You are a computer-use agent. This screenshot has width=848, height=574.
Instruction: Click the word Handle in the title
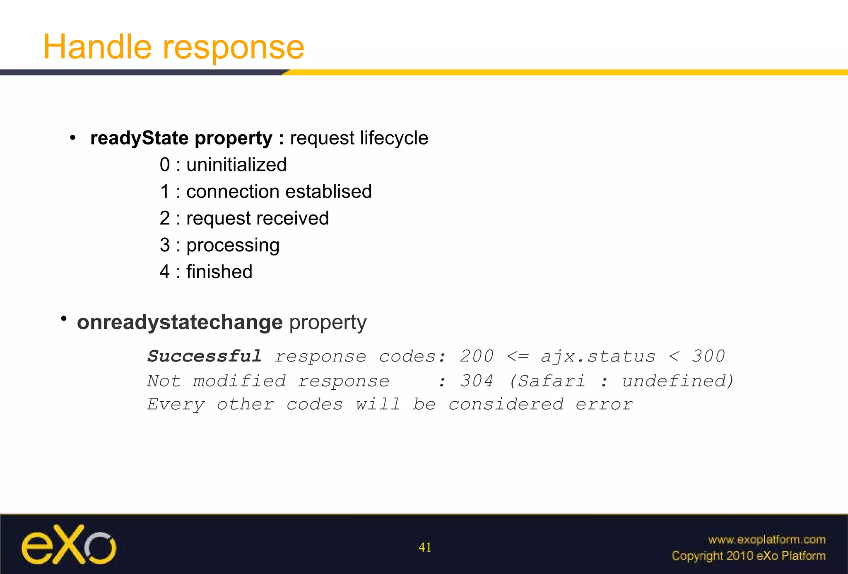tap(97, 47)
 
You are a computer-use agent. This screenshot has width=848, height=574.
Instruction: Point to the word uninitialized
tap(236, 165)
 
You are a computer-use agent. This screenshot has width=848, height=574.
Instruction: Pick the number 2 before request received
tap(165, 218)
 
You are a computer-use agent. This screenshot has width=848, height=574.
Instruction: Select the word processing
tap(233, 246)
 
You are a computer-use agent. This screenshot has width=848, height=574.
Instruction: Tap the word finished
tap(219, 272)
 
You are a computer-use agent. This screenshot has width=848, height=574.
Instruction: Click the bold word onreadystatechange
tap(180, 322)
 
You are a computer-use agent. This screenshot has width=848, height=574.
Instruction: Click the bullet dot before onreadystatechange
tap(64, 318)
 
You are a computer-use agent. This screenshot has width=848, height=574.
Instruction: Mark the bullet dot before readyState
tap(73, 138)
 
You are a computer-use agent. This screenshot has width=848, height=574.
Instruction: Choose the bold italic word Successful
tap(205, 356)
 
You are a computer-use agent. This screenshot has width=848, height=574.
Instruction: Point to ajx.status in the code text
tap(598, 356)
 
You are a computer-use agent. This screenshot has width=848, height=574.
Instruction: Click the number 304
tap(477, 381)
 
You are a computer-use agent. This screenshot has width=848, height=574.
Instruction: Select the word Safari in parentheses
tap(552, 381)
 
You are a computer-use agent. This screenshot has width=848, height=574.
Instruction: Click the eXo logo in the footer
tap(69, 545)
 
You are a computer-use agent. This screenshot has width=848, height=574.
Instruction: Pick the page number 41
tap(425, 547)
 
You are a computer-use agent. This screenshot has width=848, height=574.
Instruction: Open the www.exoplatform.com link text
tap(766, 540)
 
